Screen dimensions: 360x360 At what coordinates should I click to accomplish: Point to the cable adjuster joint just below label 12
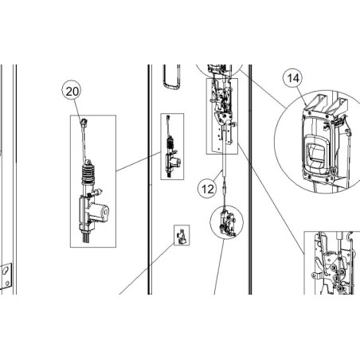pyautogui.click(x=228, y=189)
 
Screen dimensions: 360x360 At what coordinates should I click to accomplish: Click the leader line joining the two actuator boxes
pyautogui.click(x=139, y=165)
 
